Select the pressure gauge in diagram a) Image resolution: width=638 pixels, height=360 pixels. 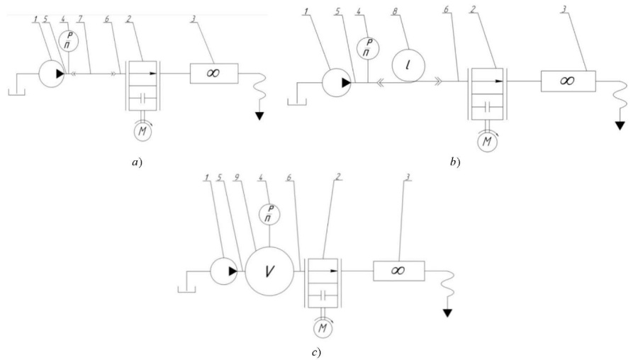pos(68,40)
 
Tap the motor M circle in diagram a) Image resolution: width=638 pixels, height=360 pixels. pos(142,131)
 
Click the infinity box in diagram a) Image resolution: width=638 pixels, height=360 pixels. pos(214,74)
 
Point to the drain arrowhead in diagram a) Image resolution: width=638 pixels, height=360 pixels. pos(259,116)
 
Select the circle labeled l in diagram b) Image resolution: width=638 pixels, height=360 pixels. pos(408,66)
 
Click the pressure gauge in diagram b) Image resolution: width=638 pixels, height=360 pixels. pos(368,48)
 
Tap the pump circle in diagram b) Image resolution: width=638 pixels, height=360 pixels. pos(336,83)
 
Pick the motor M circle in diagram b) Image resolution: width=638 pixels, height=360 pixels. pos(487,142)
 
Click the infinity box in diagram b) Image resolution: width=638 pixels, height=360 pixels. pos(568,81)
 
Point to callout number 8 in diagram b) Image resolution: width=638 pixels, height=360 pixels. pos(394,11)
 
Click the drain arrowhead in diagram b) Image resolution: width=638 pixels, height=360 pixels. pos(620,125)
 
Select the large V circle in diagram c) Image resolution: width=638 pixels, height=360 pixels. pos(269,271)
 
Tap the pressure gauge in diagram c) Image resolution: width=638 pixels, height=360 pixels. pos(270,213)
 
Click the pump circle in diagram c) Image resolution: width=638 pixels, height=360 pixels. pos(224,271)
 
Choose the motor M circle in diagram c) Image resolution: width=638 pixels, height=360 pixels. pos(323,328)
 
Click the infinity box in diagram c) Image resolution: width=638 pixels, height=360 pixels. pos(398,271)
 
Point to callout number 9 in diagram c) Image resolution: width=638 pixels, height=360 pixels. pos(236,177)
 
